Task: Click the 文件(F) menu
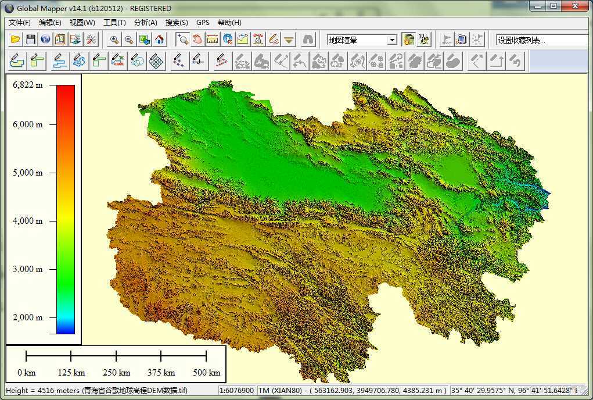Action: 20,23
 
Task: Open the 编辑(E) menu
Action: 50,23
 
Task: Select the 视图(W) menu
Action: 82,23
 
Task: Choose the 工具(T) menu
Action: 114,23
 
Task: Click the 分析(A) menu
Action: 145,23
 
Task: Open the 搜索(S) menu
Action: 177,23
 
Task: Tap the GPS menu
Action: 203,23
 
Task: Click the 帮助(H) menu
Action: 229,23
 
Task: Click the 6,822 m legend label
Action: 27,85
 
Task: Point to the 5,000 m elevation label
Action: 27,173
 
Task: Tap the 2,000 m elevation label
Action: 27,317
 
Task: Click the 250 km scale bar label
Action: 116,373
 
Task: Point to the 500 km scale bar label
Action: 206,373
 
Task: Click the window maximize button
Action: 553,6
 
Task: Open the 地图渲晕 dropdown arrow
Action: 393,40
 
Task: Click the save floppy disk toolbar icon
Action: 30,40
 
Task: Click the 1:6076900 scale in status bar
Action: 236,391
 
